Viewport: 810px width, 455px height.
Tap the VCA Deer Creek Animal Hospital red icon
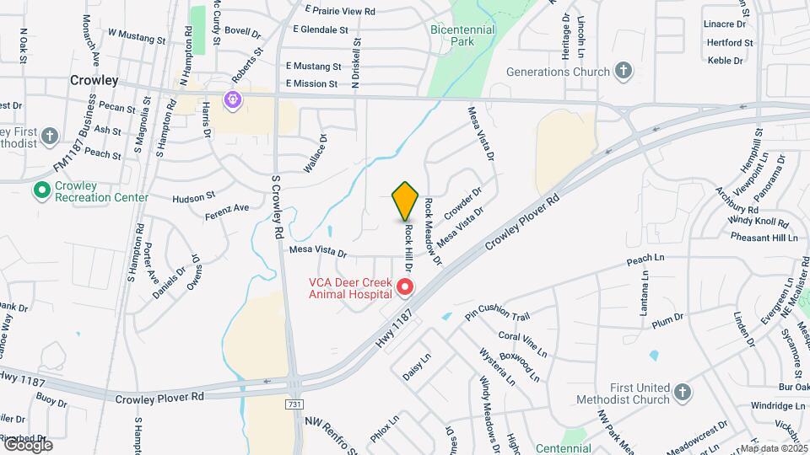point(405,288)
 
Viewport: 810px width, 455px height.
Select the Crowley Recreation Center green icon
point(40,190)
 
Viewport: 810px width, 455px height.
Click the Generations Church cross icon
point(623,71)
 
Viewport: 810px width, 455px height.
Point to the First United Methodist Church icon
point(682,392)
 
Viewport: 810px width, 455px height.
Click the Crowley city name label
point(94,81)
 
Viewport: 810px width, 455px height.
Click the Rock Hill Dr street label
point(408,245)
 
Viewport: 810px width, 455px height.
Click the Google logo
point(27,445)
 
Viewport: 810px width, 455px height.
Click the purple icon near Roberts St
point(232,100)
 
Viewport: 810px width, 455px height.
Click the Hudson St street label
point(194,197)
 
